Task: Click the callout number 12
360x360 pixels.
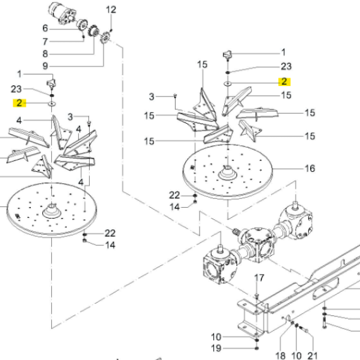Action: point(111,9)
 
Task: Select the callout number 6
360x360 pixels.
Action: point(45,28)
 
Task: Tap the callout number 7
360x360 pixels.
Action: point(45,42)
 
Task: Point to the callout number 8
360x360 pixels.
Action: point(45,54)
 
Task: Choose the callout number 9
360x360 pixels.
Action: point(45,66)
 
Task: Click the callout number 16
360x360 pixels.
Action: point(309,169)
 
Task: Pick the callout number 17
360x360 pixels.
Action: point(259,278)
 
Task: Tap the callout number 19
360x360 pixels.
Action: point(216,348)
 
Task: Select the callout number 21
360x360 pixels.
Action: point(313,356)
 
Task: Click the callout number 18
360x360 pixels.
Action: point(280,356)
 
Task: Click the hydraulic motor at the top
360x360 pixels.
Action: point(61,13)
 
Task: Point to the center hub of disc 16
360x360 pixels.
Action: point(227,173)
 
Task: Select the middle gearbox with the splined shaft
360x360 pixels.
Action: point(257,243)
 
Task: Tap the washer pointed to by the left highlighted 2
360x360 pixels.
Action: point(52,104)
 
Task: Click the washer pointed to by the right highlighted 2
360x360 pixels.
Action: point(227,84)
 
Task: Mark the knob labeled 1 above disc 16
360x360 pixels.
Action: point(227,55)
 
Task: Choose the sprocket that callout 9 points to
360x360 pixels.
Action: point(105,38)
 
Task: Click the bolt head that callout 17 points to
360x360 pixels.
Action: point(257,294)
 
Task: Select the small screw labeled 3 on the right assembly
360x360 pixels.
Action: point(176,95)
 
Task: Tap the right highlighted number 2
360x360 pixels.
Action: point(284,81)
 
